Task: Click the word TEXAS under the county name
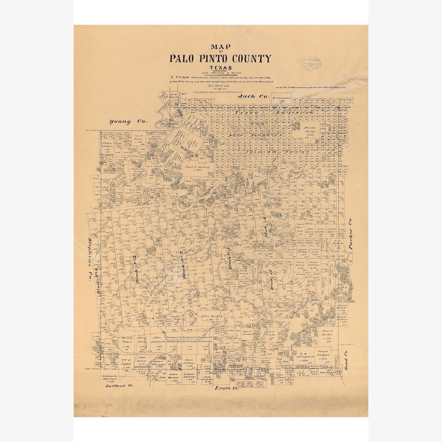(x=220, y=68)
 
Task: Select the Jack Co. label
(x=253, y=97)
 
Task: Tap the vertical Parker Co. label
(x=350, y=239)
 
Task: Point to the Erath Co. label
(x=226, y=388)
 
